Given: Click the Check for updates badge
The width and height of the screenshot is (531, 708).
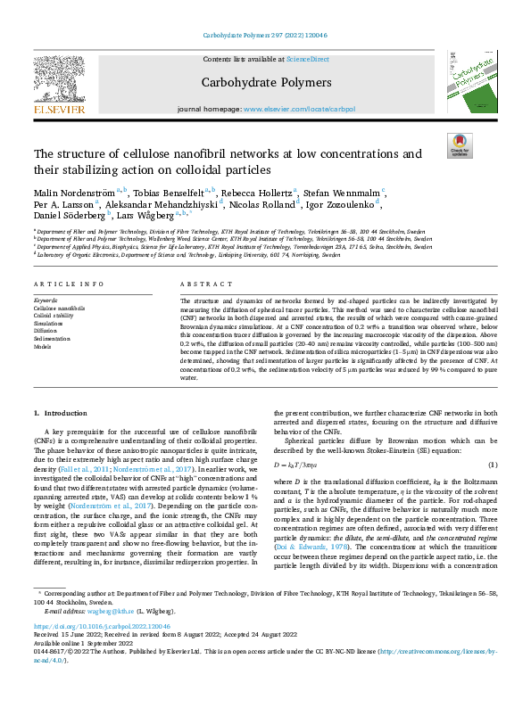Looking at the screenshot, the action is pos(460,146).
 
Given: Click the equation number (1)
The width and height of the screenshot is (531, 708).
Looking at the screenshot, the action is pos(491,465).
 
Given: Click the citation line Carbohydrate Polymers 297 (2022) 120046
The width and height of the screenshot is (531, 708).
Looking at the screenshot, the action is pos(265,37).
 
